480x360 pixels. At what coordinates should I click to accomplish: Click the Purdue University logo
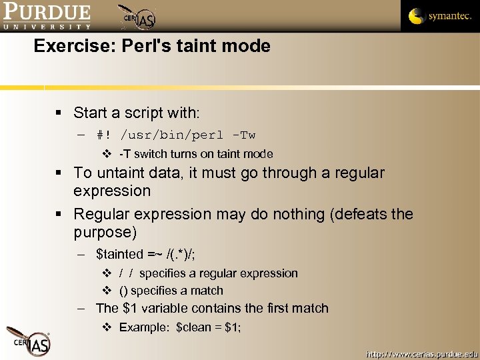point(47,16)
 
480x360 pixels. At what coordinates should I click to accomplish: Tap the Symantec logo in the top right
point(439,16)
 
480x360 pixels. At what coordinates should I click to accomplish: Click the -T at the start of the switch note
point(125,154)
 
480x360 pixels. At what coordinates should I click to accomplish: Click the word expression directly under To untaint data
point(112,191)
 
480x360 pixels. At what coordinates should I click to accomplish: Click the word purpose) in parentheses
point(105,232)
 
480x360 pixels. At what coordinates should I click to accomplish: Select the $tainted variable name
point(119,254)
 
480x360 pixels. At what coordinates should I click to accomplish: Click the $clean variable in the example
point(194,327)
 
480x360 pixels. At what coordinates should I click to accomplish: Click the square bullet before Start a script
point(60,113)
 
